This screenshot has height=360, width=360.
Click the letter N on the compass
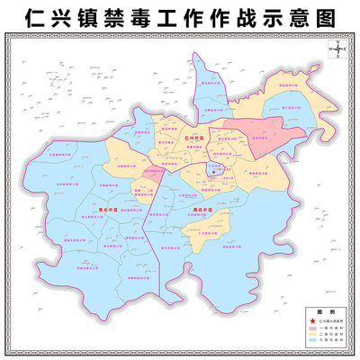pyautogui.click(x=335, y=43)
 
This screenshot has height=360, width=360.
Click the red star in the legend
pyautogui.click(x=312, y=321)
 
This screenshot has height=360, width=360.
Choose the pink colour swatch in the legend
pyautogui.click(x=312, y=328)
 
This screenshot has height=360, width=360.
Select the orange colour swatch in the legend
pyautogui.click(x=312, y=336)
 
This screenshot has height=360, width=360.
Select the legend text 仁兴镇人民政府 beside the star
pyautogui.click(x=330, y=321)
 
